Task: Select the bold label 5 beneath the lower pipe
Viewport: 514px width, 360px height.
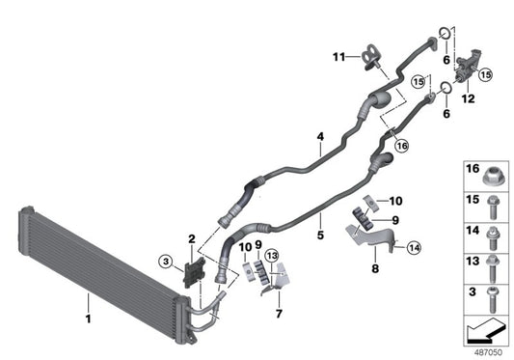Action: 318,234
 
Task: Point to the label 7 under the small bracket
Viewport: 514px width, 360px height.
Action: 278,314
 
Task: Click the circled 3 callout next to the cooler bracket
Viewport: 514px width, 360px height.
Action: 166,261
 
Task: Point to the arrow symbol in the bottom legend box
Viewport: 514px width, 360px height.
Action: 481,330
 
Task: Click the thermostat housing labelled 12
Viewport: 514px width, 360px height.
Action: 472,68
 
